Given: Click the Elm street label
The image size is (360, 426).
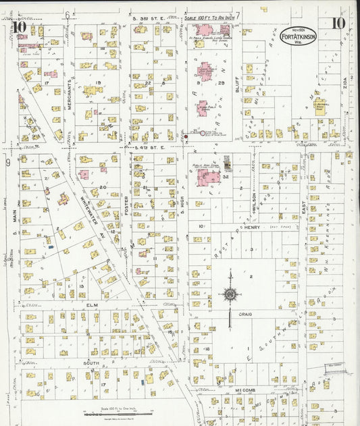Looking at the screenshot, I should pos(93,304).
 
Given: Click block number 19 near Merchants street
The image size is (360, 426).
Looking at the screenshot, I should pos(98,83).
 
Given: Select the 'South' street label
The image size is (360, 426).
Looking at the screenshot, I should pos(91,363).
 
